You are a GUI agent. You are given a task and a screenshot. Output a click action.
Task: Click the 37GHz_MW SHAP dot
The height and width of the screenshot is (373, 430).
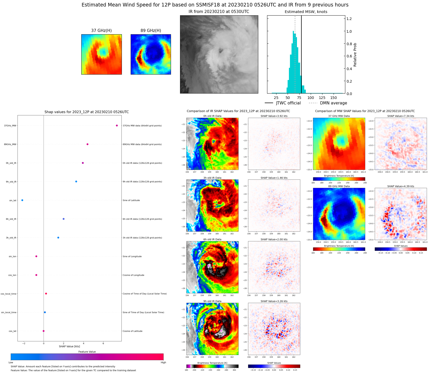[117, 126]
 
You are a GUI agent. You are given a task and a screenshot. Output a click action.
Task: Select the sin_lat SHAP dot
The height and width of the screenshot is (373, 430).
[22, 200]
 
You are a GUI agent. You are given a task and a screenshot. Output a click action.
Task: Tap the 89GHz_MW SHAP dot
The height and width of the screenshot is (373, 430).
[88, 144]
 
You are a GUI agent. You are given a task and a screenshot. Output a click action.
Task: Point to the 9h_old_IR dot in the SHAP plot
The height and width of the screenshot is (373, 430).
[76, 182]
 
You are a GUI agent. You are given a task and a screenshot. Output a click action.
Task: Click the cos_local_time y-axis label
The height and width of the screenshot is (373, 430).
[9, 294]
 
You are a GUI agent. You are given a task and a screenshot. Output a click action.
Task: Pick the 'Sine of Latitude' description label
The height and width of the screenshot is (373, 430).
[131, 200]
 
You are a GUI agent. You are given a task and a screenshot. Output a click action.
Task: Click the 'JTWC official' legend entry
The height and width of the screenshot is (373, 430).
[288, 103]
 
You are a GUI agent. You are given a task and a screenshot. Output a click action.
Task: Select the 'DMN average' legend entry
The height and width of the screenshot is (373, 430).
[333, 103]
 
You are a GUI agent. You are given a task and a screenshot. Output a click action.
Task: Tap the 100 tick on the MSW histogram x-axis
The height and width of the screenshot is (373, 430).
[311, 98]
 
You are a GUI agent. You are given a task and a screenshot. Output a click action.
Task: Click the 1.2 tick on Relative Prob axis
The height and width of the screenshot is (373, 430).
[349, 19]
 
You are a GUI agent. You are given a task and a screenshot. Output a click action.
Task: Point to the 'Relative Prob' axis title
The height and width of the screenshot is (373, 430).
[355, 55]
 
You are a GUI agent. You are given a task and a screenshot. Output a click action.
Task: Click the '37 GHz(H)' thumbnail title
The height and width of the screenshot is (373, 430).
[101, 31]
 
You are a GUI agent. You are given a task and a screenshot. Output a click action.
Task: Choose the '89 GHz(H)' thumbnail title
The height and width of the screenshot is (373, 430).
[151, 31]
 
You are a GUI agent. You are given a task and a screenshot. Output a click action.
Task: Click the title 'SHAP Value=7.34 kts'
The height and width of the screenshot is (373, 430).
[401, 116]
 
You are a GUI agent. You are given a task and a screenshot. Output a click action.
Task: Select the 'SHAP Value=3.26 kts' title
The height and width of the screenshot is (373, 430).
[274, 301]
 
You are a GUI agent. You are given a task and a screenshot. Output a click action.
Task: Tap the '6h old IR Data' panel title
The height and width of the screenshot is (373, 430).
[212, 239]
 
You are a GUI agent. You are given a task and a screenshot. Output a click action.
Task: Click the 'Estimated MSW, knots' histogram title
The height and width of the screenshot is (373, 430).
[306, 12]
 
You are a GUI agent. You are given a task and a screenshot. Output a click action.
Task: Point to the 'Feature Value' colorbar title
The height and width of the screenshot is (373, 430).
[87, 352]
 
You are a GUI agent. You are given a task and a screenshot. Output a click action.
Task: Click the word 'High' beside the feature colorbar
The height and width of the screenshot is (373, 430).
[163, 362]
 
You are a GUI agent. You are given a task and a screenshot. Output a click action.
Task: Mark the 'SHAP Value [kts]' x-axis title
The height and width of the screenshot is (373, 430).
[69, 346]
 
